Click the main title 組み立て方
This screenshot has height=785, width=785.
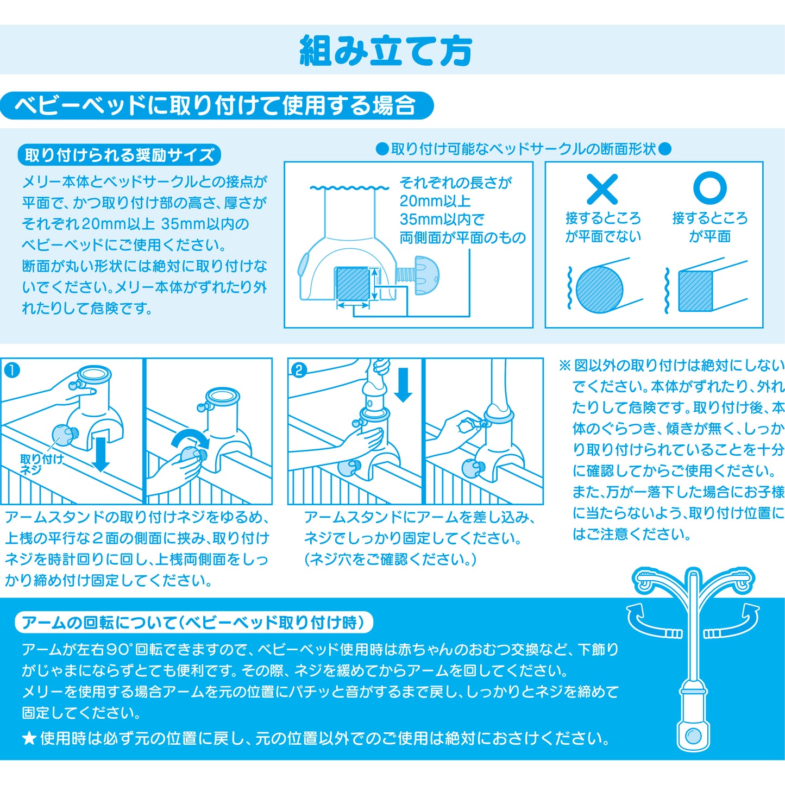click(x=386, y=51)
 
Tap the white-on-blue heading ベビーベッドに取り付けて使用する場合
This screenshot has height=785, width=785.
click(x=215, y=105)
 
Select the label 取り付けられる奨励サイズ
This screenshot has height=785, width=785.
click(x=120, y=155)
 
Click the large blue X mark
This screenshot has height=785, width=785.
click(x=602, y=189)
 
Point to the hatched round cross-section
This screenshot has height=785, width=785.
click(x=599, y=290)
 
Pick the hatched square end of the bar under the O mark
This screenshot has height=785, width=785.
click(x=695, y=291)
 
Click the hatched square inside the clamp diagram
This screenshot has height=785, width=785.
click(x=353, y=284)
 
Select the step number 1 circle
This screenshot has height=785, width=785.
click(x=12, y=370)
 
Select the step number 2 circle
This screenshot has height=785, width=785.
click(x=299, y=370)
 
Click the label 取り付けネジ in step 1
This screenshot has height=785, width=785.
click(x=41, y=464)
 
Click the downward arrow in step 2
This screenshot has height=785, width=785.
click(x=403, y=385)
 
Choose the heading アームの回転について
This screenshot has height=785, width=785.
click(x=193, y=623)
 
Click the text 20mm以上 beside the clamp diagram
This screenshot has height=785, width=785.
click(x=435, y=201)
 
